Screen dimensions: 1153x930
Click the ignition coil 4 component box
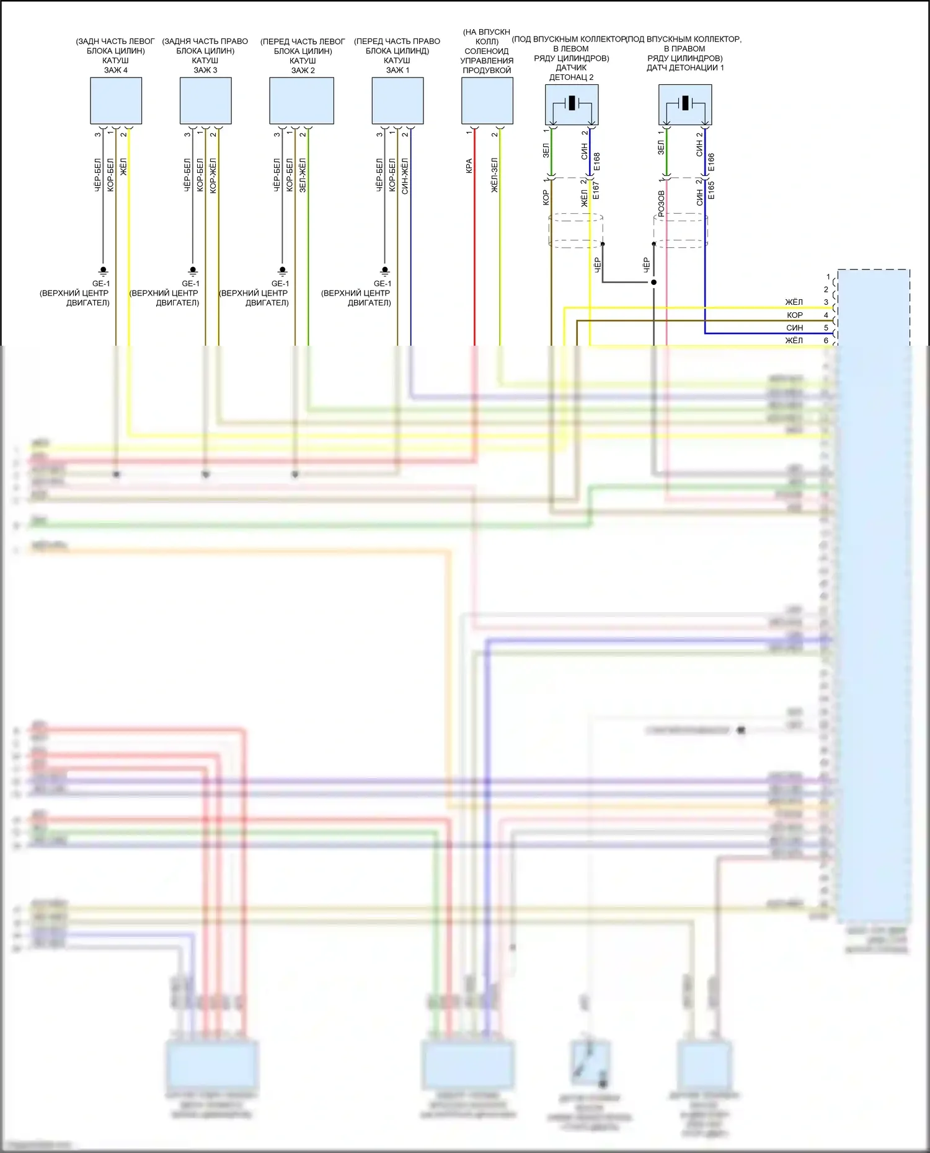click(116, 100)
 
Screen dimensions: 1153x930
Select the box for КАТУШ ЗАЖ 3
click(205, 100)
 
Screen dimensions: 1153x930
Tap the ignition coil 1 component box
click(397, 100)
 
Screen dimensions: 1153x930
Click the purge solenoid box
click(487, 100)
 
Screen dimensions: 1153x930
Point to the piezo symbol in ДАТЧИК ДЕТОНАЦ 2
click(572, 103)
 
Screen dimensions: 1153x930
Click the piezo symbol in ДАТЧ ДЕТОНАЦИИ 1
click(685, 103)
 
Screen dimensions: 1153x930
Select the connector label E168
click(597, 162)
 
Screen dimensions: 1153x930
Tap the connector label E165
click(711, 190)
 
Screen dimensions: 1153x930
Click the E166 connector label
click(711, 162)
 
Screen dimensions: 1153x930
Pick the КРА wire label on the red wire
click(469, 166)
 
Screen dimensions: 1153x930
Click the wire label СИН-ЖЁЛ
click(405, 176)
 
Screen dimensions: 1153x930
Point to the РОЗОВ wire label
click(661, 203)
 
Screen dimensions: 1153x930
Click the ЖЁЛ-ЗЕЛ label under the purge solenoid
click(495, 175)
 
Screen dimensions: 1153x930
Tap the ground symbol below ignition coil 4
click(104, 271)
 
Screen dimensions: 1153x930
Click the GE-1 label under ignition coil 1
click(383, 284)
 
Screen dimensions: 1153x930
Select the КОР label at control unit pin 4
click(795, 315)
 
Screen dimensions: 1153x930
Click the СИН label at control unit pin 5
click(795, 328)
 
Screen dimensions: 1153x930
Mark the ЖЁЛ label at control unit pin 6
click(794, 341)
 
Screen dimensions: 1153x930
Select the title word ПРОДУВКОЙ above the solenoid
click(487, 70)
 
